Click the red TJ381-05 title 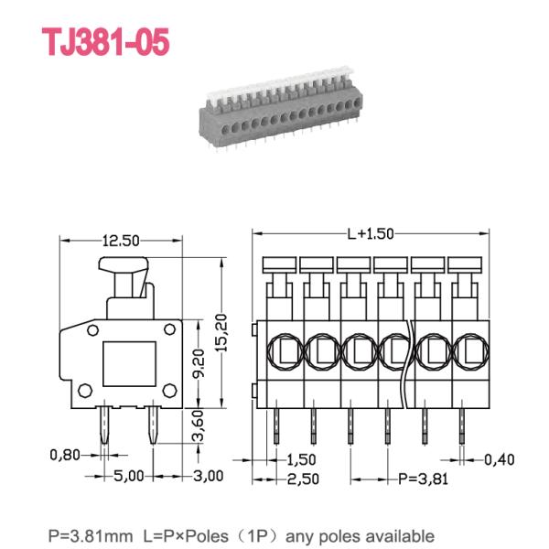point(106,42)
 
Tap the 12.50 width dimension point(121,241)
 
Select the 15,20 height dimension point(221,333)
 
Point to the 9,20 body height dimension point(199,363)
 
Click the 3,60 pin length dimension point(199,425)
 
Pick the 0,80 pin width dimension point(65,455)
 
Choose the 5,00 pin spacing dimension point(129,476)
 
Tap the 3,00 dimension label point(209,476)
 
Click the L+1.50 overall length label point(371,233)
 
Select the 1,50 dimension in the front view point(301,459)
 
